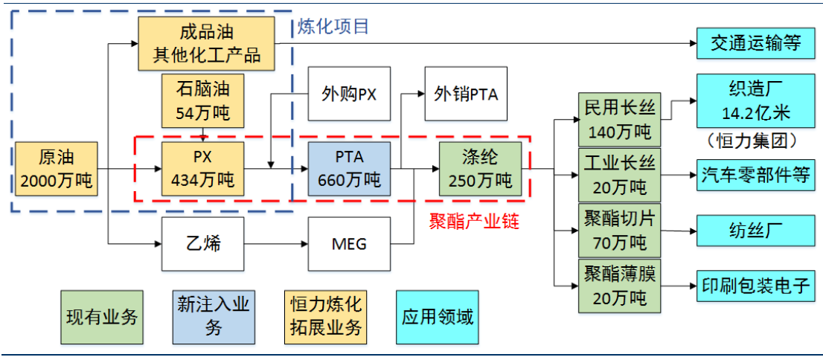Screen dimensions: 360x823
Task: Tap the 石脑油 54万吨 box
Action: (x=202, y=101)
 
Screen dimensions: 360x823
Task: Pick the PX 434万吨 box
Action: (x=202, y=169)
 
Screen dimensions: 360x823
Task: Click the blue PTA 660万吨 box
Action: (x=350, y=169)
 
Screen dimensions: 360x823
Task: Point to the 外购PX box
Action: (x=350, y=94)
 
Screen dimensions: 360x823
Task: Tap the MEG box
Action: (x=350, y=243)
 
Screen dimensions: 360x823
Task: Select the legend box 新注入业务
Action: (x=214, y=315)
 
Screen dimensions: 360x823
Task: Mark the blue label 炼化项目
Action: (x=333, y=27)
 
